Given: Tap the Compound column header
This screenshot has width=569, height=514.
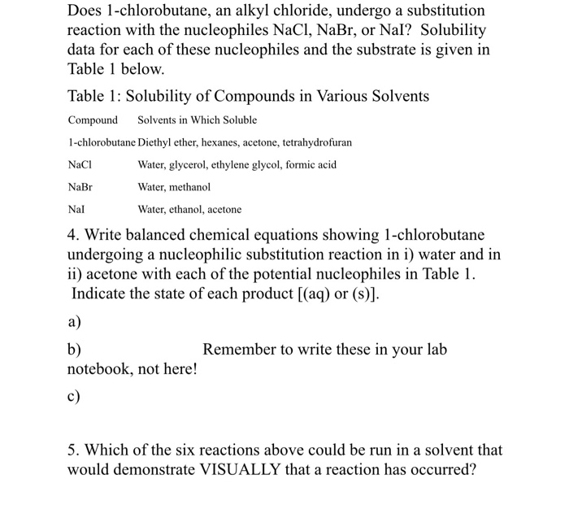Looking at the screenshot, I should pyautogui.click(x=93, y=120).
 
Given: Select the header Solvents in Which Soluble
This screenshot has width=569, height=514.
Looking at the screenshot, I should pyautogui.click(x=197, y=120).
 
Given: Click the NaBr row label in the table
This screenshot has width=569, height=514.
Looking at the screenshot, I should pyautogui.click(x=80, y=187).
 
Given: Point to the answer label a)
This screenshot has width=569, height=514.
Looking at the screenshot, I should pyautogui.click(x=74, y=322).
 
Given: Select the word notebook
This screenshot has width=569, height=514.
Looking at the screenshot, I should pyautogui.click(x=98, y=369).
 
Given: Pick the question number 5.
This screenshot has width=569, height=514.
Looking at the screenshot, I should pyautogui.click(x=72, y=450).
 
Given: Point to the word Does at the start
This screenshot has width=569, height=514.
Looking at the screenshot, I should pyautogui.click(x=85, y=11).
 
